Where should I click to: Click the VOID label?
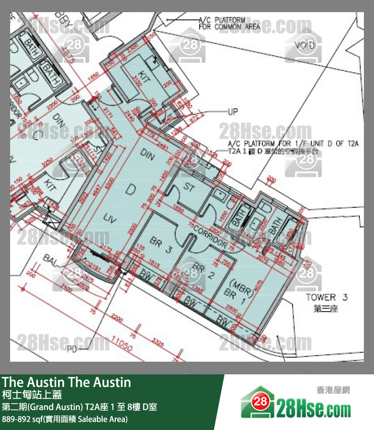305,46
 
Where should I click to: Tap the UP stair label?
232,112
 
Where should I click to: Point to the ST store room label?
189,187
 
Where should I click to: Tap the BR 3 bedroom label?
161,245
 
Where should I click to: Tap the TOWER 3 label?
327,297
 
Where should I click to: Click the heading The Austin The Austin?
66,382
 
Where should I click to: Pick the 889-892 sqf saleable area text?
65,419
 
